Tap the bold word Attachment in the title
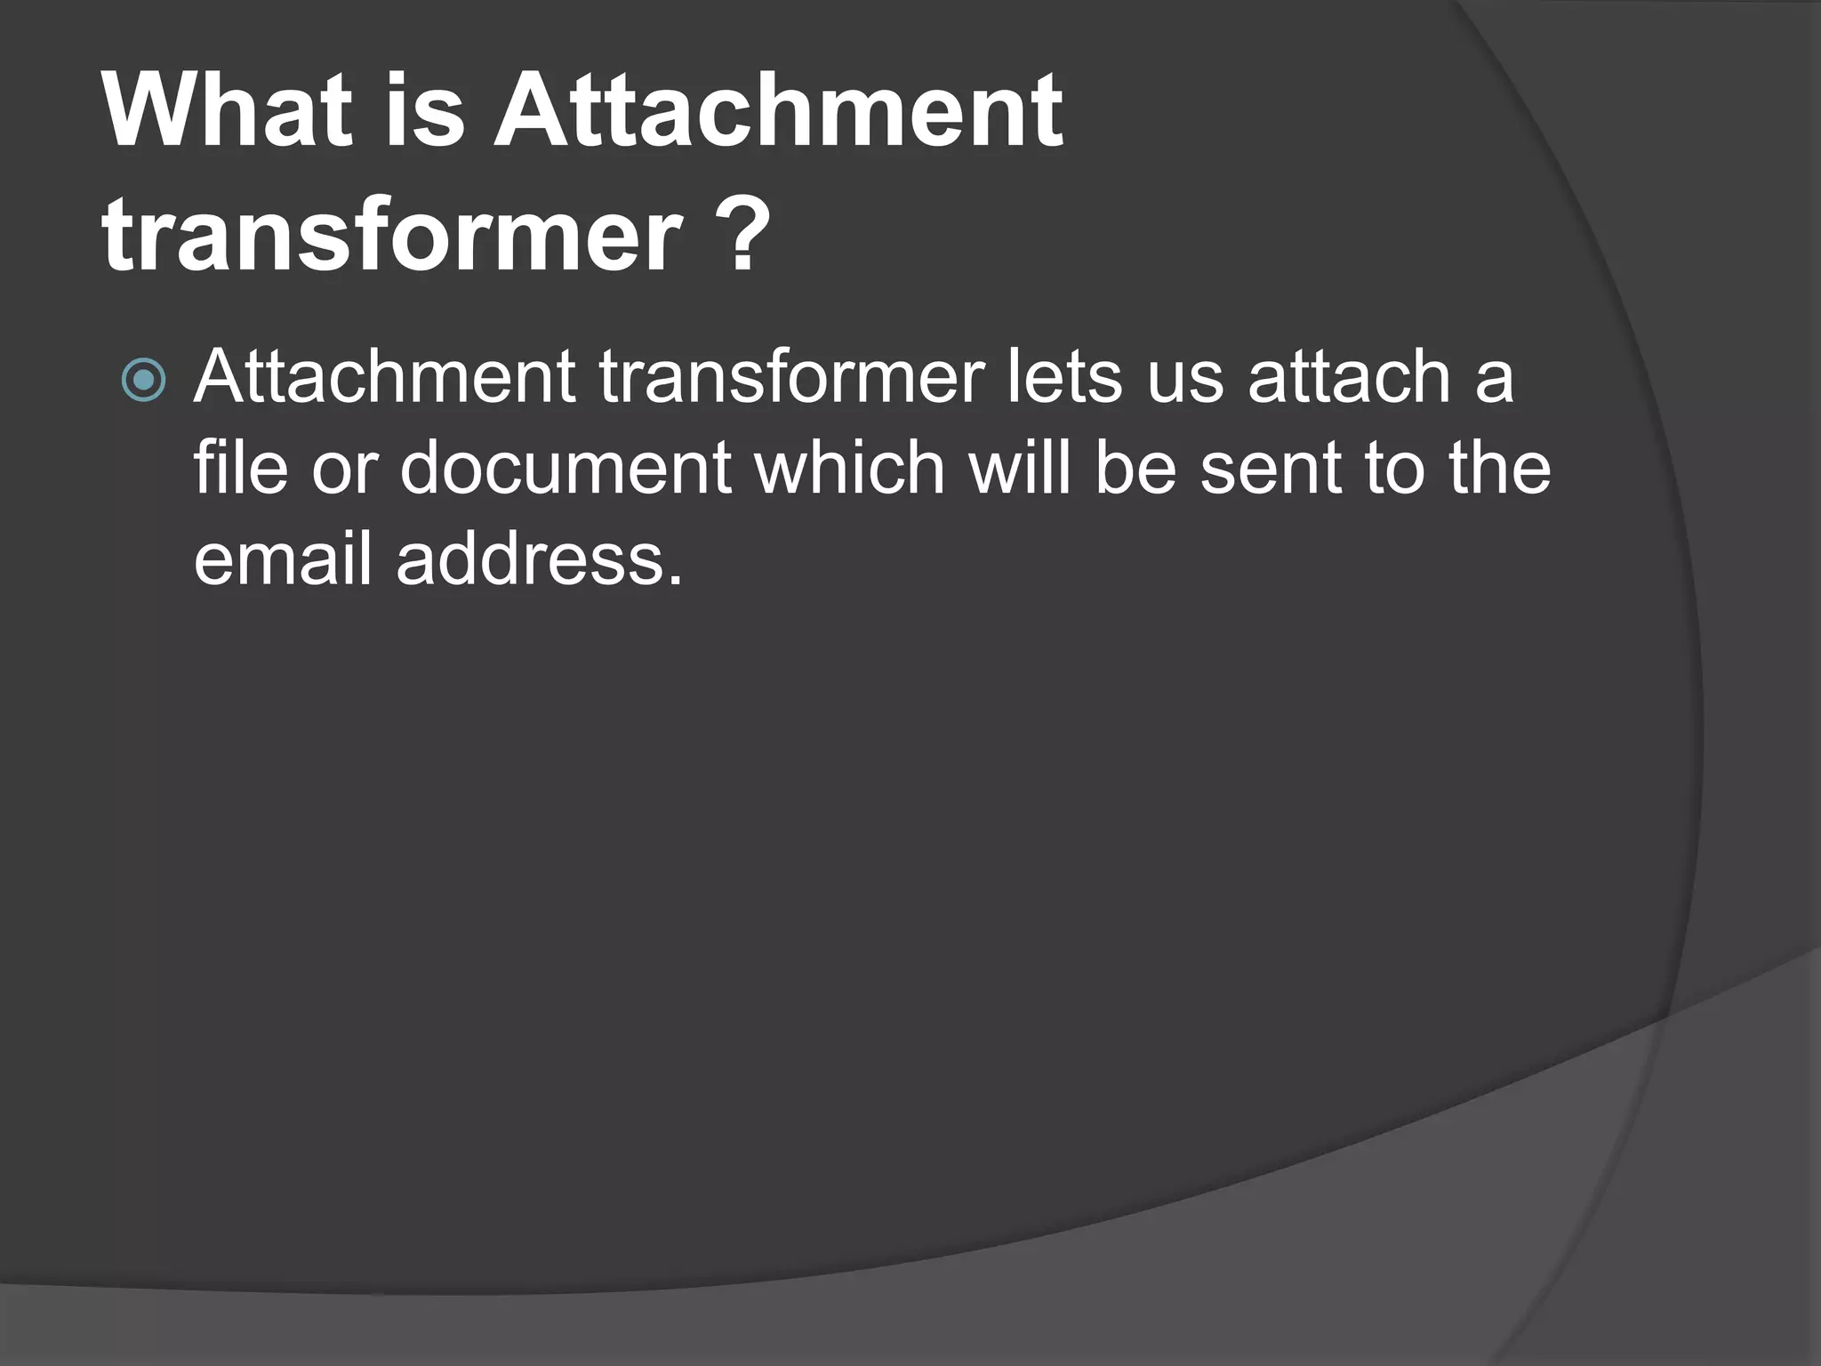778,111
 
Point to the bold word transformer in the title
392,236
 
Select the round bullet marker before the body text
143,381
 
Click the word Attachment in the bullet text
384,377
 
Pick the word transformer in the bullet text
791,377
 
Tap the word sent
1271,470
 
